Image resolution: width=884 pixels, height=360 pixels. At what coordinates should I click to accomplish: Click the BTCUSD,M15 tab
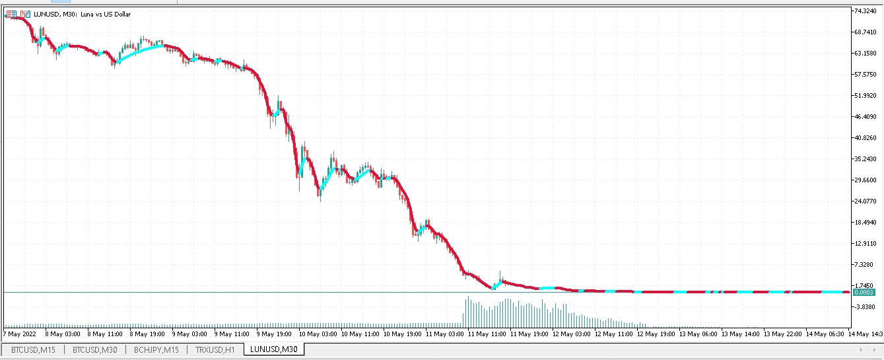[33, 349]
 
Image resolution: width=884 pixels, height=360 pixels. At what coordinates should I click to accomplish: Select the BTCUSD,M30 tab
[94, 349]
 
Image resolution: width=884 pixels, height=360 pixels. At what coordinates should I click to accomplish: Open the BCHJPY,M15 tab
[156, 349]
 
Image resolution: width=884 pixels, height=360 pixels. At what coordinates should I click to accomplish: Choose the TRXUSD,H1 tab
[215, 349]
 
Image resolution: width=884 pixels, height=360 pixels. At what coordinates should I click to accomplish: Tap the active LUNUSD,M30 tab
[273, 349]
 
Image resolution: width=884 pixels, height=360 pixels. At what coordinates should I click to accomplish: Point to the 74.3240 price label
[865, 11]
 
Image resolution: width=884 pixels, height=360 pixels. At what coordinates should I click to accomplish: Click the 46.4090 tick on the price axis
[865, 117]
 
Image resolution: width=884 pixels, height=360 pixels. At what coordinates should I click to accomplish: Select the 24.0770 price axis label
[865, 201]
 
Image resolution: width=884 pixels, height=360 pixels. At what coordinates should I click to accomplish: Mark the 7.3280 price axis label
[865, 265]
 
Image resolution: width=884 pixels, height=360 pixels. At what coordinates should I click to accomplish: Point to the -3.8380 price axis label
[865, 307]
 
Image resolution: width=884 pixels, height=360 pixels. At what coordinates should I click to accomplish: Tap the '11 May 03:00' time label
[446, 334]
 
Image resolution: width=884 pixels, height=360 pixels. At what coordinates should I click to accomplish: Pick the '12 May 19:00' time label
[658, 334]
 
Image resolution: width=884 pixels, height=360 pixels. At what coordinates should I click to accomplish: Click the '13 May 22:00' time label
[784, 334]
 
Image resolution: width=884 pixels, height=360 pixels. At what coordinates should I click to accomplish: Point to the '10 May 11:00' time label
[362, 334]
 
